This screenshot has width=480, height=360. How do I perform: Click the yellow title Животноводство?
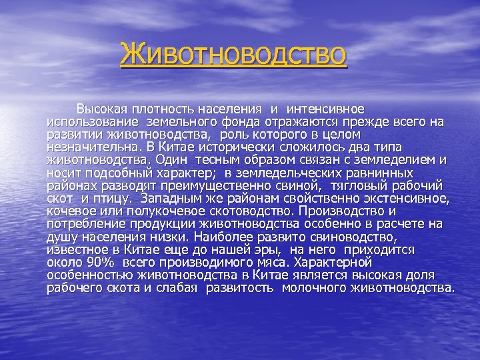point(233,55)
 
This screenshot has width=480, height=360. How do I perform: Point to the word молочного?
point(317,288)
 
